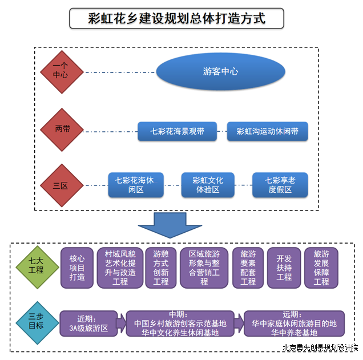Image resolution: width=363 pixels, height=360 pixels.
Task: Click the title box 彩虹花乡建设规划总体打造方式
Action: pos(176,18)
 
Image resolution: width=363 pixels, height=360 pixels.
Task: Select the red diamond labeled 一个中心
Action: pos(62,72)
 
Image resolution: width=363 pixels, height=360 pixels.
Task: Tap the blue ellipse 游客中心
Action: pos(220,71)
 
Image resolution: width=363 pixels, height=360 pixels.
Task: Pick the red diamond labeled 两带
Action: pos(62,130)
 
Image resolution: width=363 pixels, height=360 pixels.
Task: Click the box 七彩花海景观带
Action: pos(177,131)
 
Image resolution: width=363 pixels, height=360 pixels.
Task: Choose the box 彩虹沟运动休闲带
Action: pos(267,131)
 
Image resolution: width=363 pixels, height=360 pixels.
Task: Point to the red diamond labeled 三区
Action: pos(62,185)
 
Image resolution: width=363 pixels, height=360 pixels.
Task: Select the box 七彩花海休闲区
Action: pos(136,185)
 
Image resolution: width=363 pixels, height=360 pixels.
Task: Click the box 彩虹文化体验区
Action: pos(208,185)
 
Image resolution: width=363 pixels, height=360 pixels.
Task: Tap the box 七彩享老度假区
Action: pos(280,185)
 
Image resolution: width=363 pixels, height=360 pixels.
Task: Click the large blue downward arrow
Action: pos(170,225)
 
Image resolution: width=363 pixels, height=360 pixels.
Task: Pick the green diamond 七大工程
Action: pos(37,268)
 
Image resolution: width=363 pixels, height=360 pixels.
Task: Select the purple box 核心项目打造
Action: pos(77,268)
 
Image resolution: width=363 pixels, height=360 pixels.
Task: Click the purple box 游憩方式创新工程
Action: pos(161,268)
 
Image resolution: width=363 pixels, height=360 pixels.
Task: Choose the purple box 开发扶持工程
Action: pos(284,268)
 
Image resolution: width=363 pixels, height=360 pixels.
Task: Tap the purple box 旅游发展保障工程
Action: pos(321,268)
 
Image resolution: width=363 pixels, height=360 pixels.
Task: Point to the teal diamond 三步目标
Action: pos(37,323)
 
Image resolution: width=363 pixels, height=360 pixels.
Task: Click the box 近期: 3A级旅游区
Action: pos(88,323)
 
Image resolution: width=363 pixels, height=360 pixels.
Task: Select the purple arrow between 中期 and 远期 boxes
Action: pos(239,323)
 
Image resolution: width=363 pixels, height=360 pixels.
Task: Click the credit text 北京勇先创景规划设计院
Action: pos(320,348)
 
